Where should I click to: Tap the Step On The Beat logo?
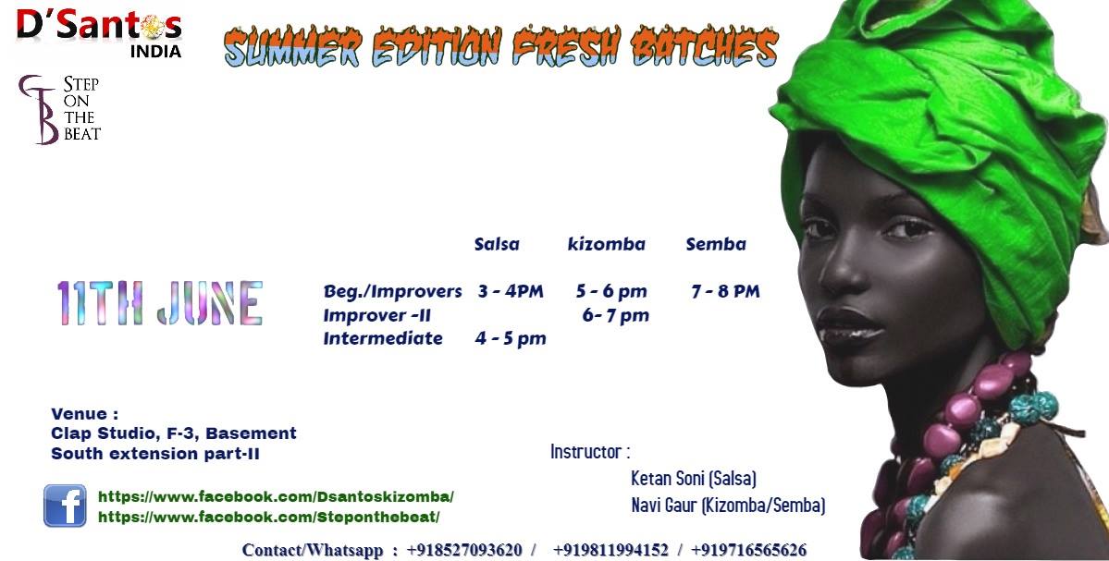tap(59, 109)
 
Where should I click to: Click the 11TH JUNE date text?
tap(160, 303)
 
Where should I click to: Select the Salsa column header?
tap(497, 245)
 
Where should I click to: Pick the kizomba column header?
tap(606, 245)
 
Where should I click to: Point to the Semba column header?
tap(716, 245)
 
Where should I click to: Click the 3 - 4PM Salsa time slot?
tap(510, 291)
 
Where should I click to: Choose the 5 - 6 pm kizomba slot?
tap(611, 291)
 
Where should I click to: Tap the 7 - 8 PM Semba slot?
tap(725, 291)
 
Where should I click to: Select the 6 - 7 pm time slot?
tap(615, 315)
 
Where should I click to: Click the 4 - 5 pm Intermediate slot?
tap(511, 338)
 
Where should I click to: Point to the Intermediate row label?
tap(383, 338)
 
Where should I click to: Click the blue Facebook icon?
tap(65, 506)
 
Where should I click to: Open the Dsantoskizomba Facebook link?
tap(276, 496)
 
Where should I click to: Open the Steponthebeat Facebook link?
tap(269, 518)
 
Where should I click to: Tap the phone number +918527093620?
tap(464, 551)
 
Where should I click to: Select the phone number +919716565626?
tap(748, 551)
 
